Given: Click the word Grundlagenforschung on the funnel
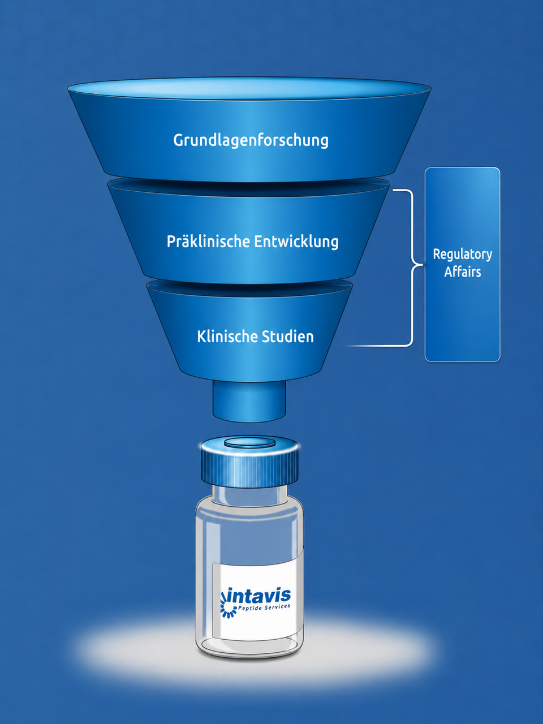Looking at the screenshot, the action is [251, 140].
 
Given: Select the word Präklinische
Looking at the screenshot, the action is [208, 241].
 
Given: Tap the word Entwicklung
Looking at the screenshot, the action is [296, 242].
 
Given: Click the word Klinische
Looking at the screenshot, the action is [227, 336].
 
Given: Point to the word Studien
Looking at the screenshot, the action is [287, 336].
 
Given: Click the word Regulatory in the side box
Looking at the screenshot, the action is [462, 255].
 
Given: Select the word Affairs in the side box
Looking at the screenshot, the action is [462, 272].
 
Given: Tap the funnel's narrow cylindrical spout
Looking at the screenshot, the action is [249, 402].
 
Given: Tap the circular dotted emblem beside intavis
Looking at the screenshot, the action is [227, 605].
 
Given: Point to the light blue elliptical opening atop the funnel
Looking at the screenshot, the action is [249, 89].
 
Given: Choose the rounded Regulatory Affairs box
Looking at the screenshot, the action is [462, 265].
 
